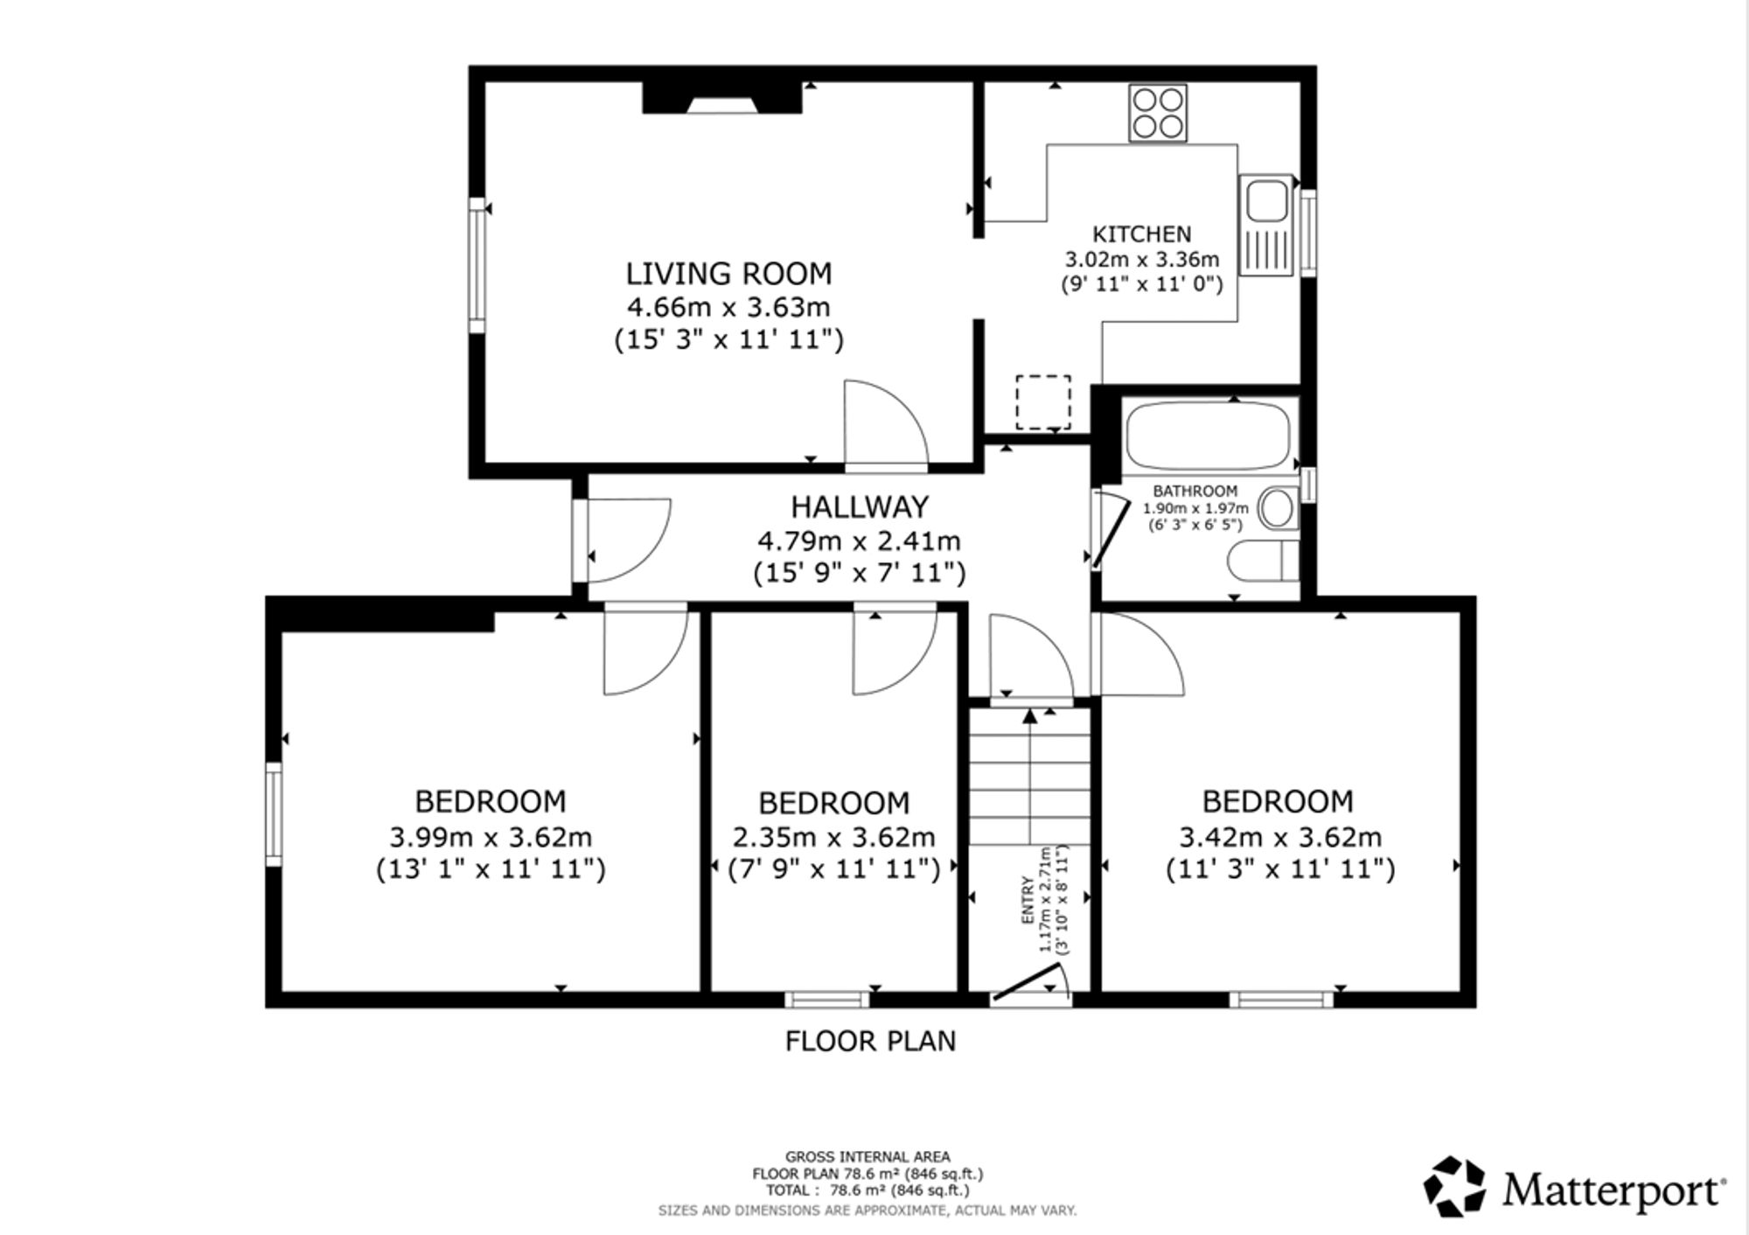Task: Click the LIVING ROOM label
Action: click(x=728, y=274)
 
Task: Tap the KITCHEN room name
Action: click(x=1142, y=234)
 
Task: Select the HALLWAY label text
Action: click(x=860, y=507)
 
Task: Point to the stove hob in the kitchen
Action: click(x=1158, y=113)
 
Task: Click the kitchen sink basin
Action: click(x=1265, y=199)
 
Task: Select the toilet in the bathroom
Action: click(x=1263, y=560)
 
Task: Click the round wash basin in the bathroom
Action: click(x=1278, y=508)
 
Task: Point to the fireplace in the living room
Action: click(x=722, y=97)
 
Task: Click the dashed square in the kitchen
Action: click(x=1043, y=402)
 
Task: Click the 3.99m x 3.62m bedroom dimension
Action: click(x=491, y=838)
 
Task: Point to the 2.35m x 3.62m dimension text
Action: click(x=833, y=838)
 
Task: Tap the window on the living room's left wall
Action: click(x=477, y=265)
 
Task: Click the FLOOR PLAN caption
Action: click(x=870, y=1041)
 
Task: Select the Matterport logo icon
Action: click(x=1453, y=1187)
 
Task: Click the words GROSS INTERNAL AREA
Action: click(x=868, y=1157)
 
